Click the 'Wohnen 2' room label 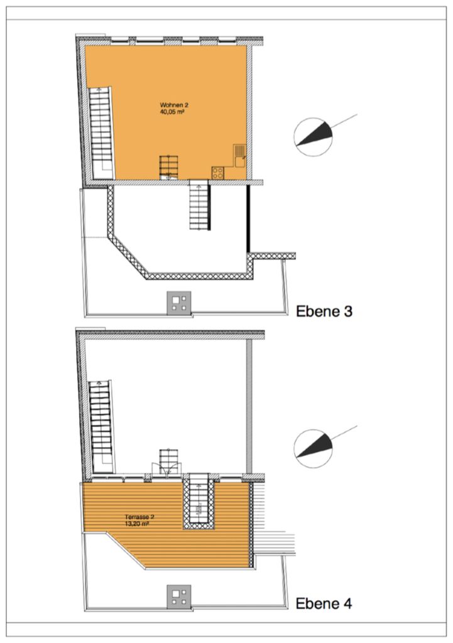[175, 105]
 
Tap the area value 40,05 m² [172, 111]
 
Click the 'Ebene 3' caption [324, 311]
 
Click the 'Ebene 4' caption [324, 603]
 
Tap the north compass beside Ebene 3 [314, 137]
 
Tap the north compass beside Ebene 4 [314, 448]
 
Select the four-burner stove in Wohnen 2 [218, 173]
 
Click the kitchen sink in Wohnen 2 [239, 156]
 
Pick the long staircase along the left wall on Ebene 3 [101, 132]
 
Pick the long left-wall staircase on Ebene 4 [101, 427]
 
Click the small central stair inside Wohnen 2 [168, 167]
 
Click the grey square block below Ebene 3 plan [179, 303]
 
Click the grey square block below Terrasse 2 [179, 597]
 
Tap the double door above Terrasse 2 [166, 468]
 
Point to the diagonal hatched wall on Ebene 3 [127, 256]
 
